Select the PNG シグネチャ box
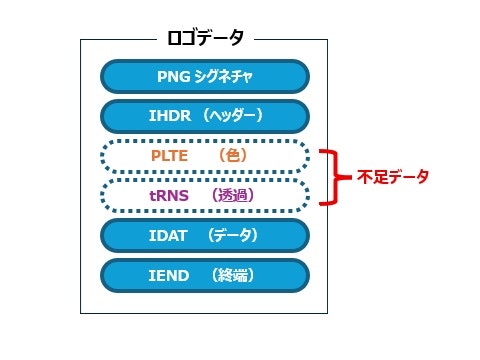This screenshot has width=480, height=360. coord(205,76)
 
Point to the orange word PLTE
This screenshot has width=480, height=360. coord(167,156)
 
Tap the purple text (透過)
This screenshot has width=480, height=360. coord(232,196)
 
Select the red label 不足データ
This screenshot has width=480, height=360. coord(393,177)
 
